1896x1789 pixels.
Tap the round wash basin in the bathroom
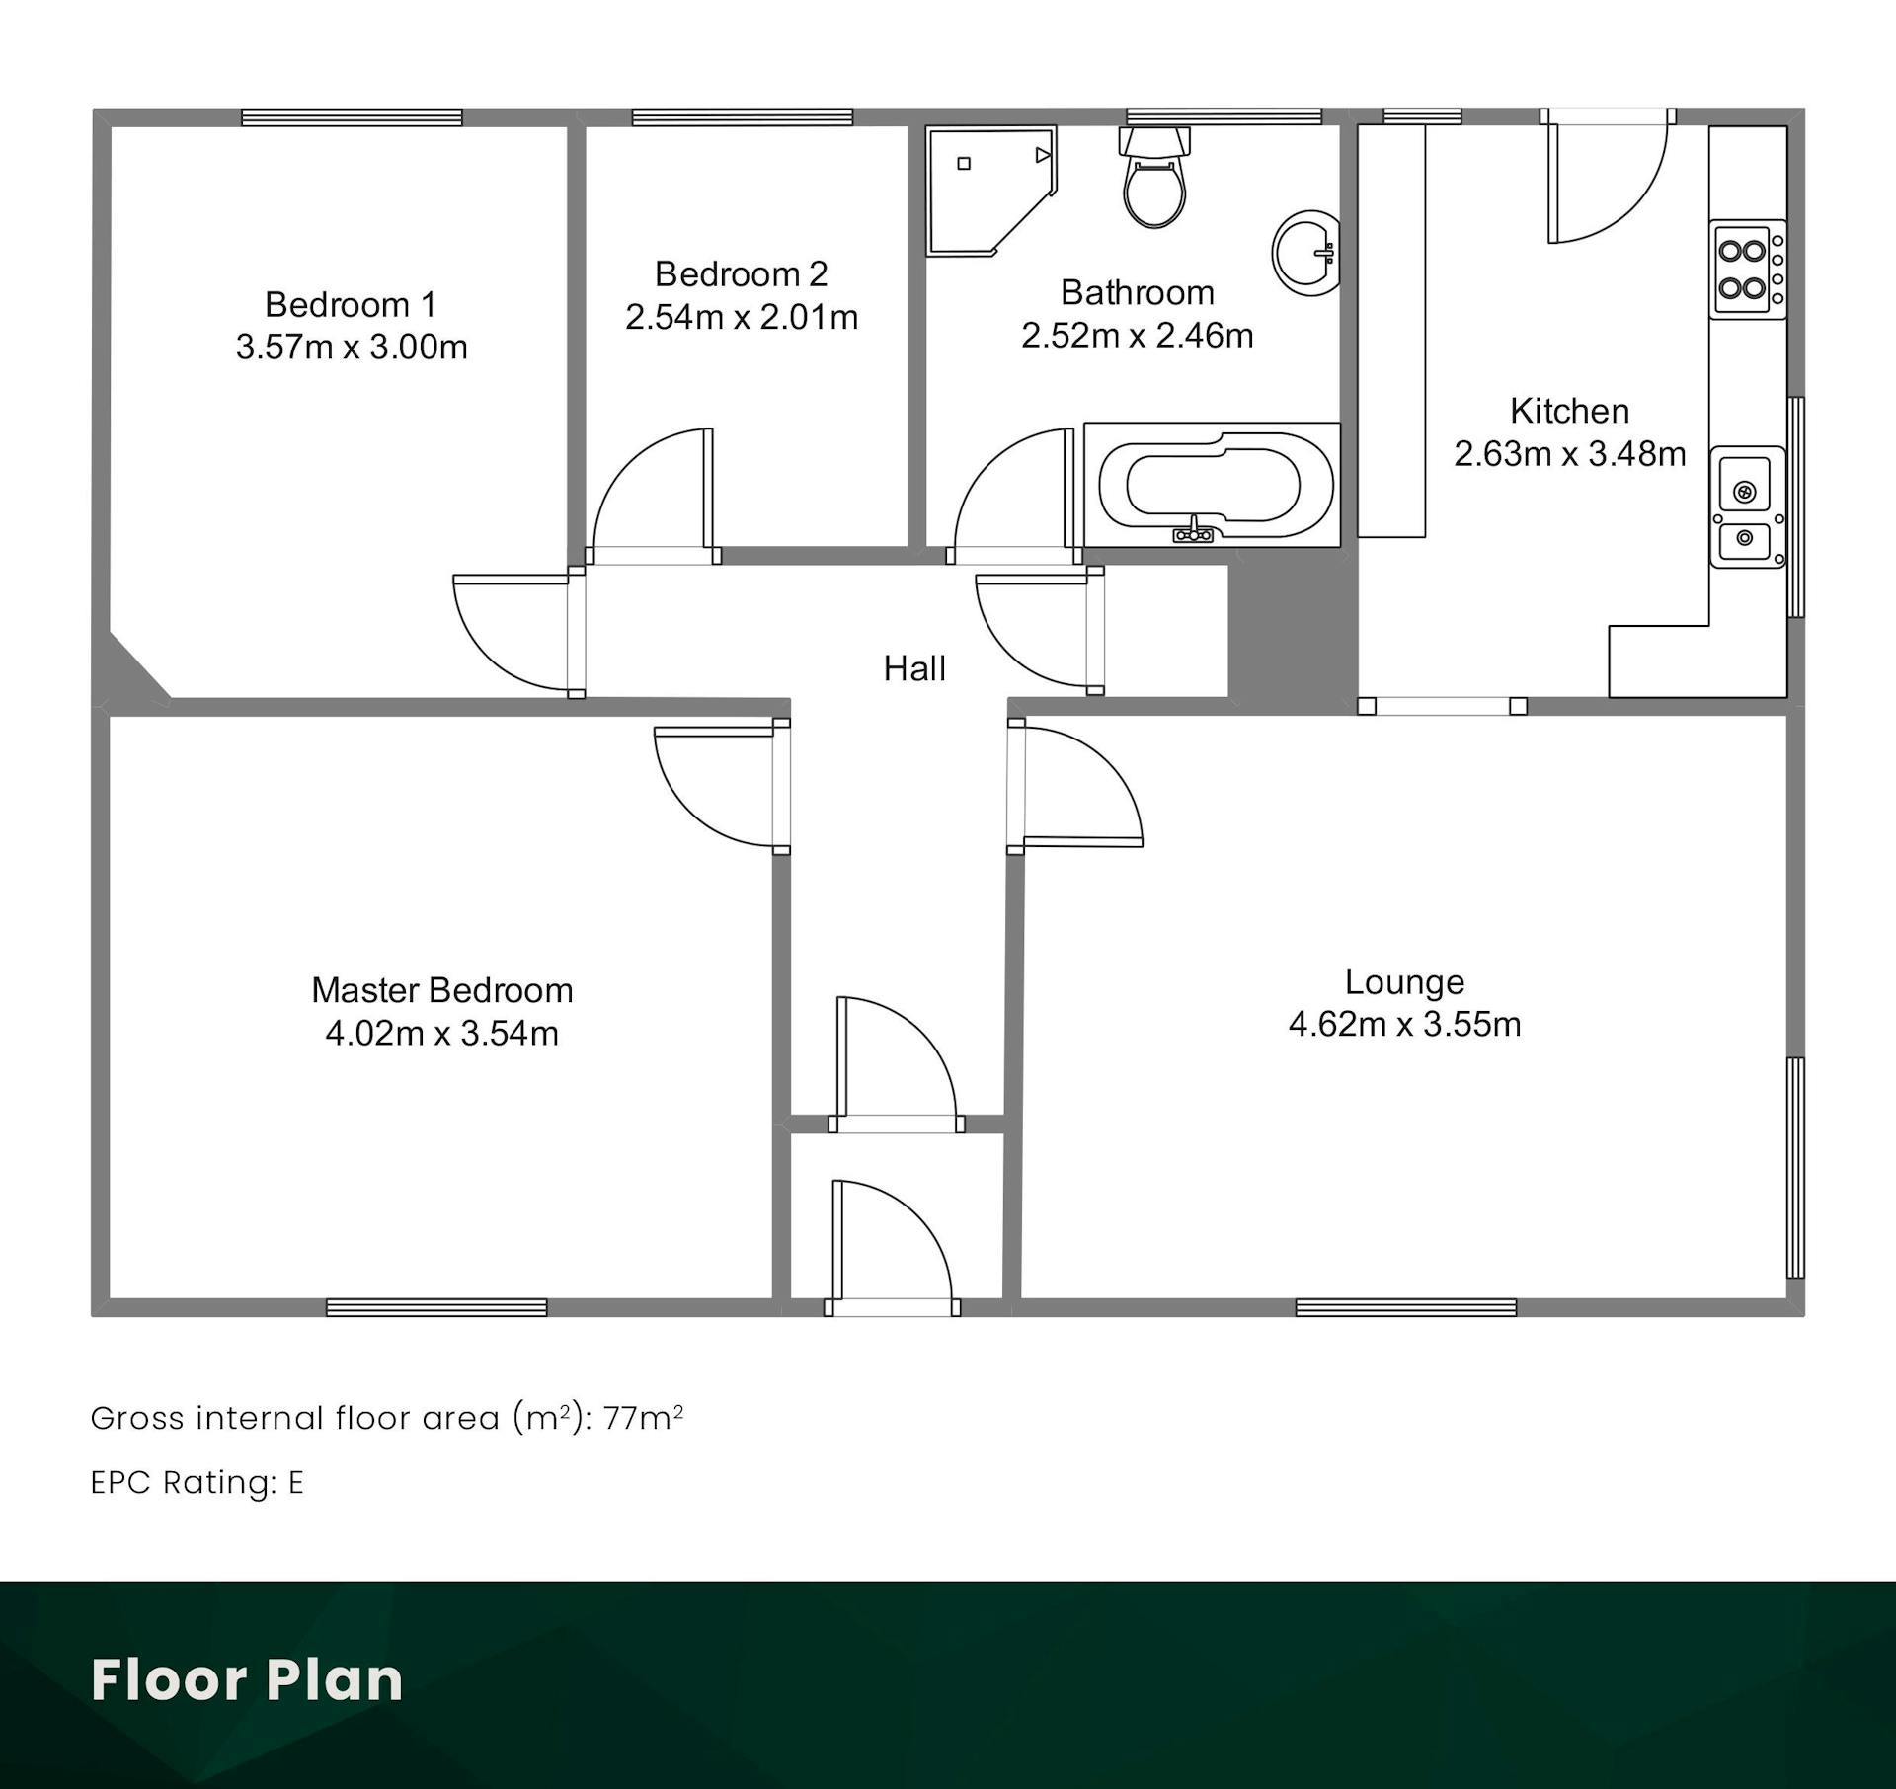click(x=1306, y=252)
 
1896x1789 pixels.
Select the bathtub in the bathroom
click(x=1213, y=485)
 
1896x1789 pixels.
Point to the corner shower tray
click(x=990, y=191)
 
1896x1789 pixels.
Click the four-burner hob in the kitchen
click(x=1748, y=269)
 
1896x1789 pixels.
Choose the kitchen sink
click(x=1748, y=506)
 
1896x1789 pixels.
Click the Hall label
click(x=914, y=668)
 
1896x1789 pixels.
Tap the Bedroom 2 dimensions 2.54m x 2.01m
click(x=742, y=317)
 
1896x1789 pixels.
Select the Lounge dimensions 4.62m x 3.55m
click(x=1404, y=1024)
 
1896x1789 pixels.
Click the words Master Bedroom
click(x=442, y=989)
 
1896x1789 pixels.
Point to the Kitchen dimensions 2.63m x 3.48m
click(x=1570, y=453)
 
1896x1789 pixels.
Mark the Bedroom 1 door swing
click(x=512, y=633)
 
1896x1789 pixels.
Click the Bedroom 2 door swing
click(x=652, y=489)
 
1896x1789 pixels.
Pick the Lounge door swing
click(x=1083, y=787)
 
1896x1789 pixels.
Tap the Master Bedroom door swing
click(x=713, y=787)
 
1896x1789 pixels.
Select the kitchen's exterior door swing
click(x=1608, y=183)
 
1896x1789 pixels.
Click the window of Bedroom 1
click(x=353, y=117)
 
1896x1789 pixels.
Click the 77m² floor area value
click(x=643, y=1417)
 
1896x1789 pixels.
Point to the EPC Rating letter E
click(x=296, y=1482)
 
